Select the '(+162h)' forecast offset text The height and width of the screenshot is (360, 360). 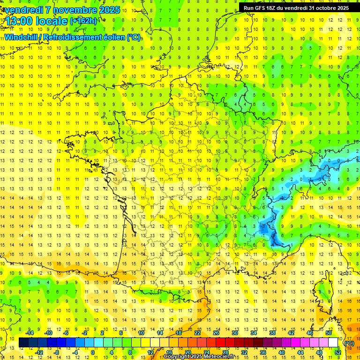[x=83, y=21]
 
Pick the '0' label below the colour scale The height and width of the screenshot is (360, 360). [x=93, y=352]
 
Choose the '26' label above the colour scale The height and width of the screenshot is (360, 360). [x=216, y=333]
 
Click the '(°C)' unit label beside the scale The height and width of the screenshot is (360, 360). [x=349, y=343]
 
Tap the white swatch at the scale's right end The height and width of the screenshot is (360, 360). [x=333, y=343]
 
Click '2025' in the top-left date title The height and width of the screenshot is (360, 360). [x=108, y=10]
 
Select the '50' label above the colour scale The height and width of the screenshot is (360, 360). [x=329, y=333]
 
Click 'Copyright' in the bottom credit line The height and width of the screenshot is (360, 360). [x=177, y=357]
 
